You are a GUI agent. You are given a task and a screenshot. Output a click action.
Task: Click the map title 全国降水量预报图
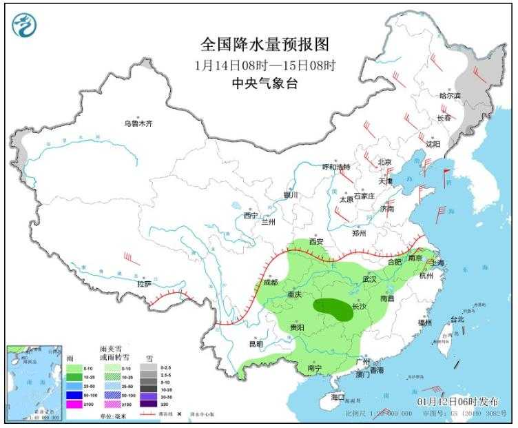click(265, 45)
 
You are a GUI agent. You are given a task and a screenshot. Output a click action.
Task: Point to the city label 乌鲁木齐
click(138, 123)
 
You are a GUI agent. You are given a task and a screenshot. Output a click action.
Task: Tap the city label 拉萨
click(144, 283)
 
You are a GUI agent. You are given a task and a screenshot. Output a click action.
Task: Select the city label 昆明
click(256, 343)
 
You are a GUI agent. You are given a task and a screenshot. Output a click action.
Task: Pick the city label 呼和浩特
click(337, 167)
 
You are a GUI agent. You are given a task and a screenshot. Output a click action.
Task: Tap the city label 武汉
click(369, 279)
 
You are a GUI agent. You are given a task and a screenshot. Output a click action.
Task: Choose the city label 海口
click(337, 398)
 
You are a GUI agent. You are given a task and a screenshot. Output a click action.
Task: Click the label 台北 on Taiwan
click(457, 319)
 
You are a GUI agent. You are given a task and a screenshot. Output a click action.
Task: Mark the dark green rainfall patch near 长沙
click(333, 309)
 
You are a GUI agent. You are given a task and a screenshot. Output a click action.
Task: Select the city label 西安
click(316, 242)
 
